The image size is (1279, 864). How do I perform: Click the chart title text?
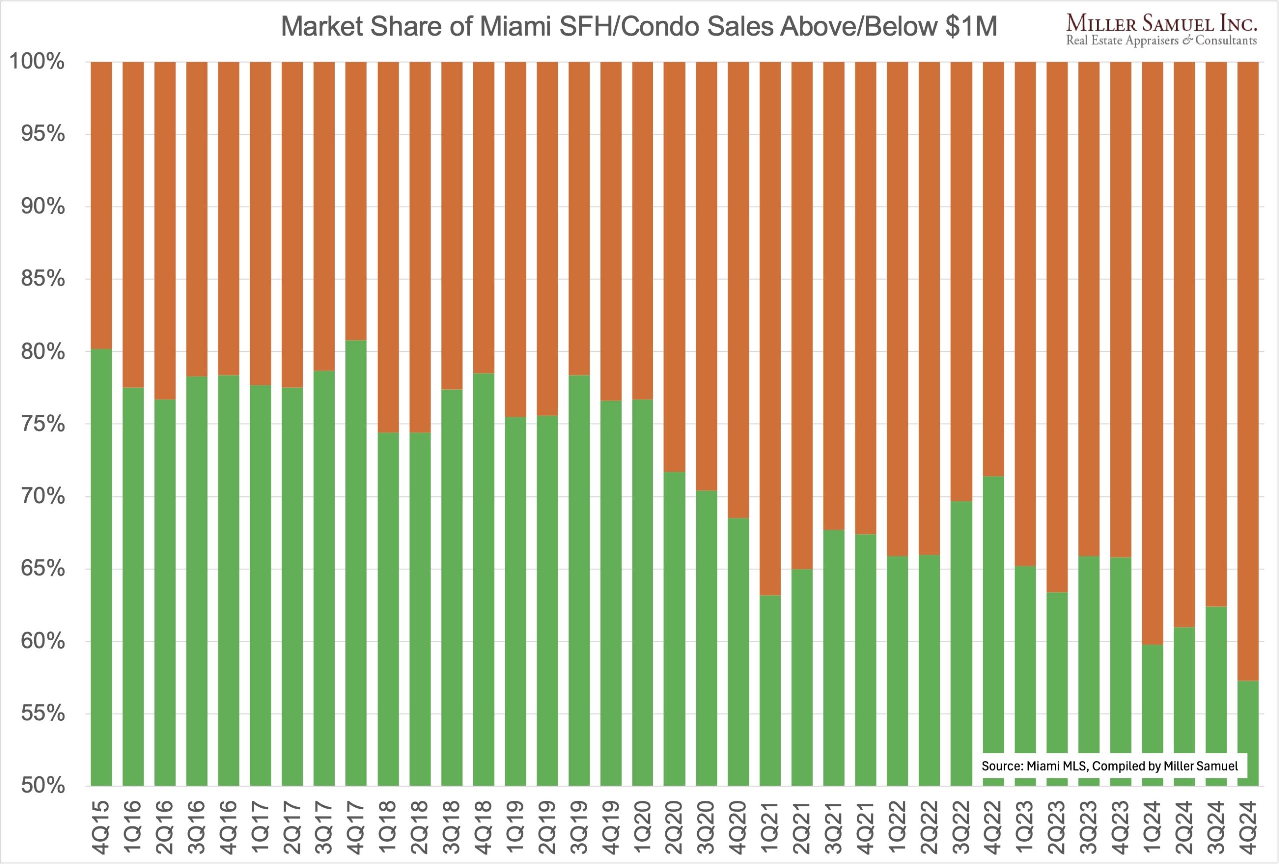coord(639,26)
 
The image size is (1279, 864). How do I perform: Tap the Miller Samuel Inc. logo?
coord(1161,30)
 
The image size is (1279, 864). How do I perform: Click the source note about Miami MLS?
coord(1110,766)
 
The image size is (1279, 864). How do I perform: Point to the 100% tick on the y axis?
coord(37,61)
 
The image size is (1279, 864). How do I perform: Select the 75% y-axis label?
coord(43,424)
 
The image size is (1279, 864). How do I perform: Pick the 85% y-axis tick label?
coord(43,278)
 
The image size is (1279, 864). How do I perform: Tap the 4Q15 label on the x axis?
coord(102,827)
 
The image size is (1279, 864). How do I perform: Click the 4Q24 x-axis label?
coord(1248,827)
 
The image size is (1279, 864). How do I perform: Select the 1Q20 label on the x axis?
coord(643,827)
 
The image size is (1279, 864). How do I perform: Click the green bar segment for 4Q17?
coord(356,561)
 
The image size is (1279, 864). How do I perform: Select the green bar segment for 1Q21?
coord(770,688)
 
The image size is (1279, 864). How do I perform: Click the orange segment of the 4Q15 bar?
coord(102,203)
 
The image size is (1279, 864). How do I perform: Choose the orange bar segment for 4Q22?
coord(993,270)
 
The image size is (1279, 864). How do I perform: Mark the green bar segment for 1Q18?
coord(388,605)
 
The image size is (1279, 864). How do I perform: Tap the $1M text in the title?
coord(971,26)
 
